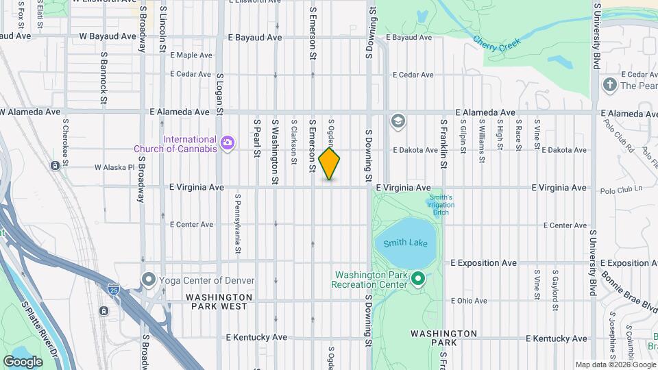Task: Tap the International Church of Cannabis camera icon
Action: coord(227,143)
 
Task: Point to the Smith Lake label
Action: coord(405,243)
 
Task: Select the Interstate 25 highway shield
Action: coord(113,291)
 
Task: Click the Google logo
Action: coord(23,361)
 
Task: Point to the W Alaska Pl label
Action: coord(114,166)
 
